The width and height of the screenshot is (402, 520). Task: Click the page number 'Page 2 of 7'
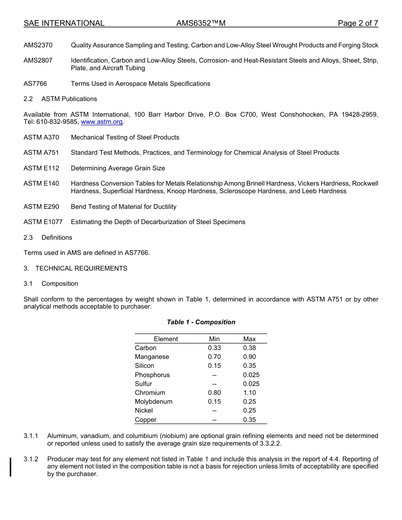358,23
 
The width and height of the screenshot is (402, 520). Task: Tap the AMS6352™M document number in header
201,23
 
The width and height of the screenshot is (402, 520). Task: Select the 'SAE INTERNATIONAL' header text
64,23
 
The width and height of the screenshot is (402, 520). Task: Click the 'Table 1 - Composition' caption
201,322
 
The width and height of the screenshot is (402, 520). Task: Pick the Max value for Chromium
249,393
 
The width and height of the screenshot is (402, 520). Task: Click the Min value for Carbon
214,348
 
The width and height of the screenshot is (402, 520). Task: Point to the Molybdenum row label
154,402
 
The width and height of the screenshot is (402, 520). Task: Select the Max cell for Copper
249,420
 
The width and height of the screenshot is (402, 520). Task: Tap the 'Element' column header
166,339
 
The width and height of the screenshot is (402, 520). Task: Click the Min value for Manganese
214,357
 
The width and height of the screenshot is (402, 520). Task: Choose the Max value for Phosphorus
251,375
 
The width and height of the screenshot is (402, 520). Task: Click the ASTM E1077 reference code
43,222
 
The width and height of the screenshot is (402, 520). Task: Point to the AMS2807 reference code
38,60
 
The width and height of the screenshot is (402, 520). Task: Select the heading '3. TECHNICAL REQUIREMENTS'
75,268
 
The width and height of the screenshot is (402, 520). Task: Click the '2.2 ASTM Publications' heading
61,99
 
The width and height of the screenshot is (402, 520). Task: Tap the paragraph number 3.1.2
31,459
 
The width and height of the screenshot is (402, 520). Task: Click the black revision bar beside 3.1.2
11,467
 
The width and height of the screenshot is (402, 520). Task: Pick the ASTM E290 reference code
41,207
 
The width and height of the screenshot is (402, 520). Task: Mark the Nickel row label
144,411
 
